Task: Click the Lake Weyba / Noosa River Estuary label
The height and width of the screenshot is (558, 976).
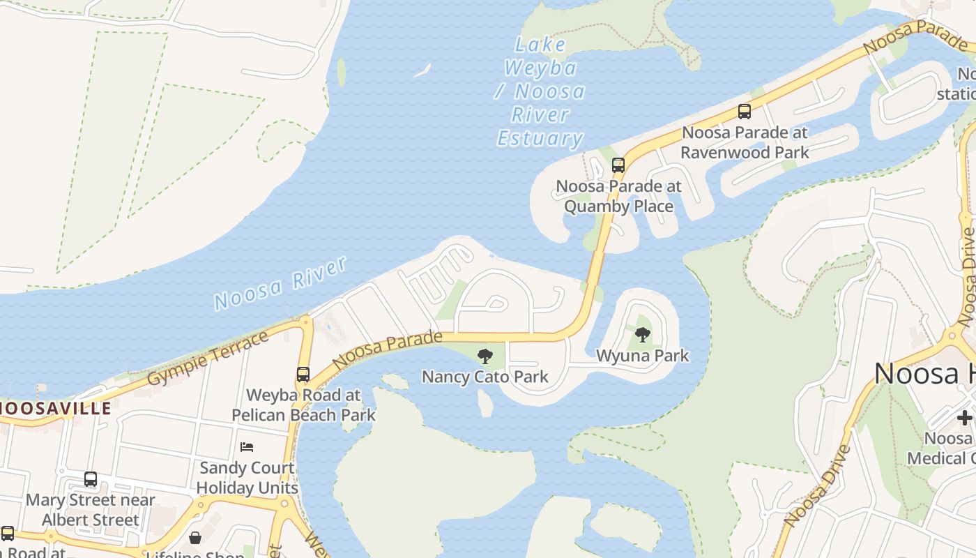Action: (540, 92)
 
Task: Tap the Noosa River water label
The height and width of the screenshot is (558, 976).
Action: (280, 283)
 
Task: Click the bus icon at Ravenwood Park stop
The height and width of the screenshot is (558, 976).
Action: (745, 112)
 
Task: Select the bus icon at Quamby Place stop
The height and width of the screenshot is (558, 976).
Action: (618, 165)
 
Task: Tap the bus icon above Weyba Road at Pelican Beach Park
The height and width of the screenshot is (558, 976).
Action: (303, 375)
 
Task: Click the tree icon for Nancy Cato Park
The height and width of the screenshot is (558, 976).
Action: (485, 357)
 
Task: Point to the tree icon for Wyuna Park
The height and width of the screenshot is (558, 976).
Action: (643, 335)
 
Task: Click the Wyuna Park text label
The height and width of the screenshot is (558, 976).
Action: (642, 356)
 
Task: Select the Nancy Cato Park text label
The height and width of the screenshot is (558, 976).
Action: (485, 377)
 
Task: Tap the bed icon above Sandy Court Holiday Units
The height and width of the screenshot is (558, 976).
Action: (247, 447)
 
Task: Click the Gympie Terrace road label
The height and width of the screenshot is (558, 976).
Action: (208, 360)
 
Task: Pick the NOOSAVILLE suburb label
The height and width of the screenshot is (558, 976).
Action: (56, 408)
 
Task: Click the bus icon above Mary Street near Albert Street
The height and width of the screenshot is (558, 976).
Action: (91, 479)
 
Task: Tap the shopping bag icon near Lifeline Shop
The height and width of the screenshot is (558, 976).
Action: (195, 538)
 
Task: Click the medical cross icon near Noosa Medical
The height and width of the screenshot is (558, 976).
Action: (965, 418)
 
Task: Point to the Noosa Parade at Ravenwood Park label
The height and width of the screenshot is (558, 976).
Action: (745, 142)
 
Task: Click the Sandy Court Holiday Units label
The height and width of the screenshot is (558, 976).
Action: (247, 478)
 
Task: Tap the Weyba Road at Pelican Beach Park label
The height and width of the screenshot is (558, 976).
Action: (303, 405)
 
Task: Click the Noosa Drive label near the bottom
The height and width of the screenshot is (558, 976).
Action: (816, 485)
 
